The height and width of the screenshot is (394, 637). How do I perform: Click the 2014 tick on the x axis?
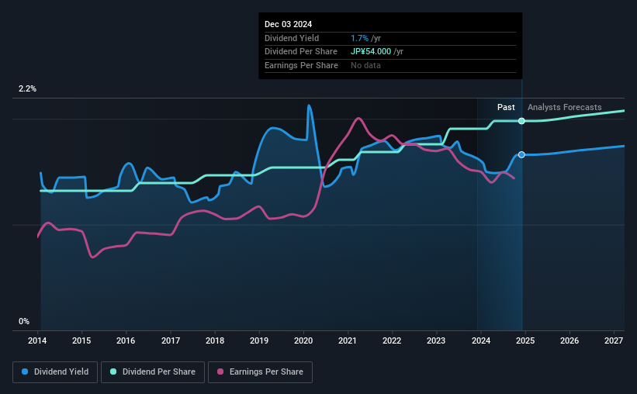point(38,340)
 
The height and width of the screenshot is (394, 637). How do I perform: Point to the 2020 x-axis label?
point(303,340)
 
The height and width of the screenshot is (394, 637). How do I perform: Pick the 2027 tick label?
point(613,340)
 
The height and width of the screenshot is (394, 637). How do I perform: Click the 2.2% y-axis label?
point(28,89)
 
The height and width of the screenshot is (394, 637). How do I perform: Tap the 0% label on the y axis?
point(24,321)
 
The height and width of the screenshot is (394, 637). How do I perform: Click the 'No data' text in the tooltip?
point(365,66)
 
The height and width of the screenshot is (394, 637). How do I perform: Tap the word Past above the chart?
point(506,107)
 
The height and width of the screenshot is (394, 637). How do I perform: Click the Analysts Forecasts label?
point(564,107)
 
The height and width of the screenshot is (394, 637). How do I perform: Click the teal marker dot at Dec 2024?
point(521,121)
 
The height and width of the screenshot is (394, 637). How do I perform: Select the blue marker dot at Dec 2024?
point(521,155)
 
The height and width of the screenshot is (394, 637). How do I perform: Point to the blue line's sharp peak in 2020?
point(309,105)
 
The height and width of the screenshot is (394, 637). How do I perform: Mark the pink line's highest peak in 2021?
point(358,119)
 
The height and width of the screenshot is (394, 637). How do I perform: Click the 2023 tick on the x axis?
point(436,340)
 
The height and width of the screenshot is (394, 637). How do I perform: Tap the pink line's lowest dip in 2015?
point(92,257)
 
